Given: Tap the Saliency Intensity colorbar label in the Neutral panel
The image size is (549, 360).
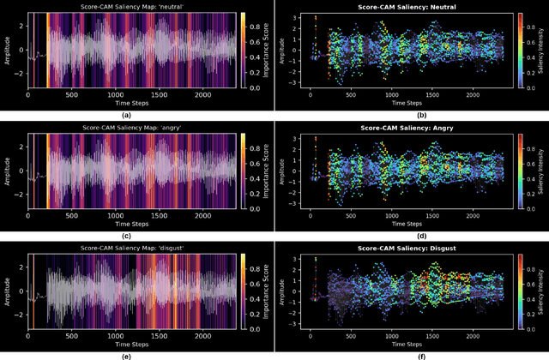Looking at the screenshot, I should point(543,52).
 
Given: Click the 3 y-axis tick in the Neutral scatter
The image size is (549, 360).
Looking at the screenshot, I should point(295,17).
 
